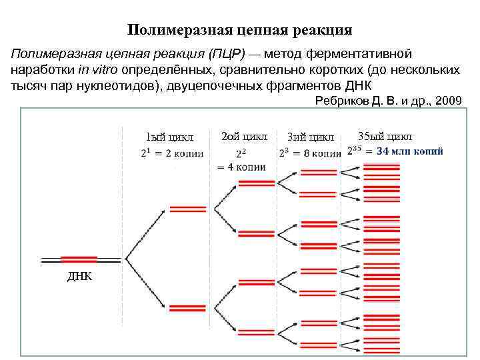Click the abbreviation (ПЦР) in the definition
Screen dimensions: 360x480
[x=227, y=53]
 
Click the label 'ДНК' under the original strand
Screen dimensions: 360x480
[x=79, y=277]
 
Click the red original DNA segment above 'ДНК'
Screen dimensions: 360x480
[x=79, y=259]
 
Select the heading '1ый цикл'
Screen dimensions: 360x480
[x=170, y=138]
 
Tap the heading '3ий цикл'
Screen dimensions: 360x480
[x=311, y=138]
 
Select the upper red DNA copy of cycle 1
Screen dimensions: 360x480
[x=188, y=209]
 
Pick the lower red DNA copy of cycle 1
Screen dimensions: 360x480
[x=187, y=308]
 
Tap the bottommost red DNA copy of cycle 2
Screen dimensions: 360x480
[x=257, y=331]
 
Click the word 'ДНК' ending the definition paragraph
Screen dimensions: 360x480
[x=357, y=87]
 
